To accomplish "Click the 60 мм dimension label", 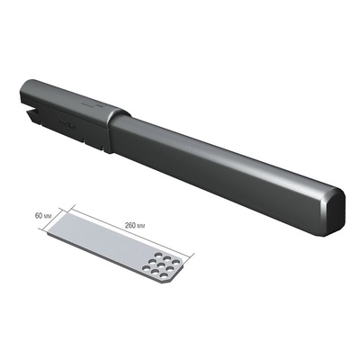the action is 43,216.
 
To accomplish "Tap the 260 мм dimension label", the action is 135,226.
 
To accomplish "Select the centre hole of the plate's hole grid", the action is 162,265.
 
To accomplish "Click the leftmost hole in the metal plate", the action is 146,268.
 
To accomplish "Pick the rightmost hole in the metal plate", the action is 175,263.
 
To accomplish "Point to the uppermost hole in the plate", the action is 157,256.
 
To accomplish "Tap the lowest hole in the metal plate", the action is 164,275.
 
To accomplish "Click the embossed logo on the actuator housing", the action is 67,123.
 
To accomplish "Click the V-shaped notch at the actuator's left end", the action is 31,110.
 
